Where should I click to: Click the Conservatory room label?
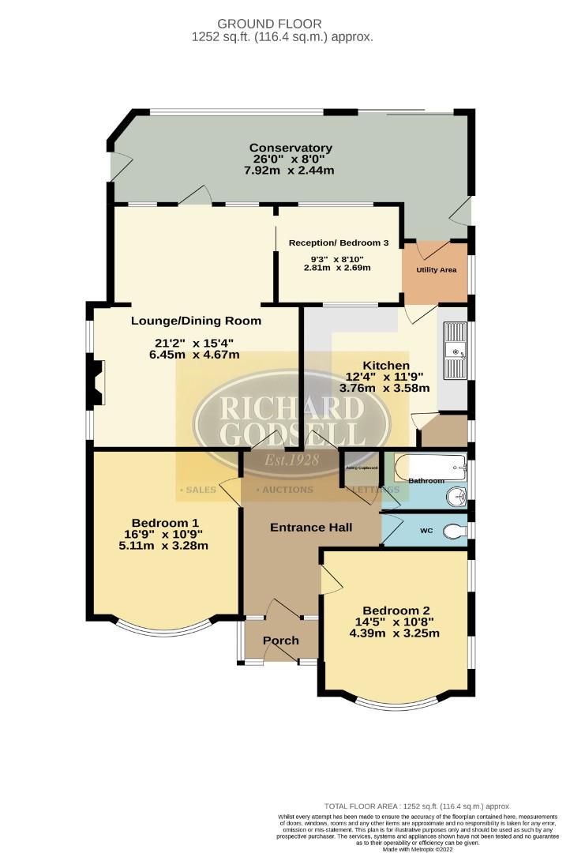point(291,148)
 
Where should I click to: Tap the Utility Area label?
point(437,270)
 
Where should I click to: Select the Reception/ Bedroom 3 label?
point(338,242)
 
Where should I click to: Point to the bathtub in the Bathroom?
point(426,467)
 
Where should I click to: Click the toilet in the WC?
point(454,532)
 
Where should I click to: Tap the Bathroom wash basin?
point(456,497)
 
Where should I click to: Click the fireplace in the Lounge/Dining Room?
point(96,382)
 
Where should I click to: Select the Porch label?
point(280,640)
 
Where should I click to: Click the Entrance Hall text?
point(311,527)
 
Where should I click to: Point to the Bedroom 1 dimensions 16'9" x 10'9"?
point(165,534)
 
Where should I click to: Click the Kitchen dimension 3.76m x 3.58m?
point(384,388)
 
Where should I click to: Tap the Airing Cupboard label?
point(361,468)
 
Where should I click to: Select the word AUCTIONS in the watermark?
point(286,490)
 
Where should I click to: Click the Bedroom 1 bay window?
point(166,628)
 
